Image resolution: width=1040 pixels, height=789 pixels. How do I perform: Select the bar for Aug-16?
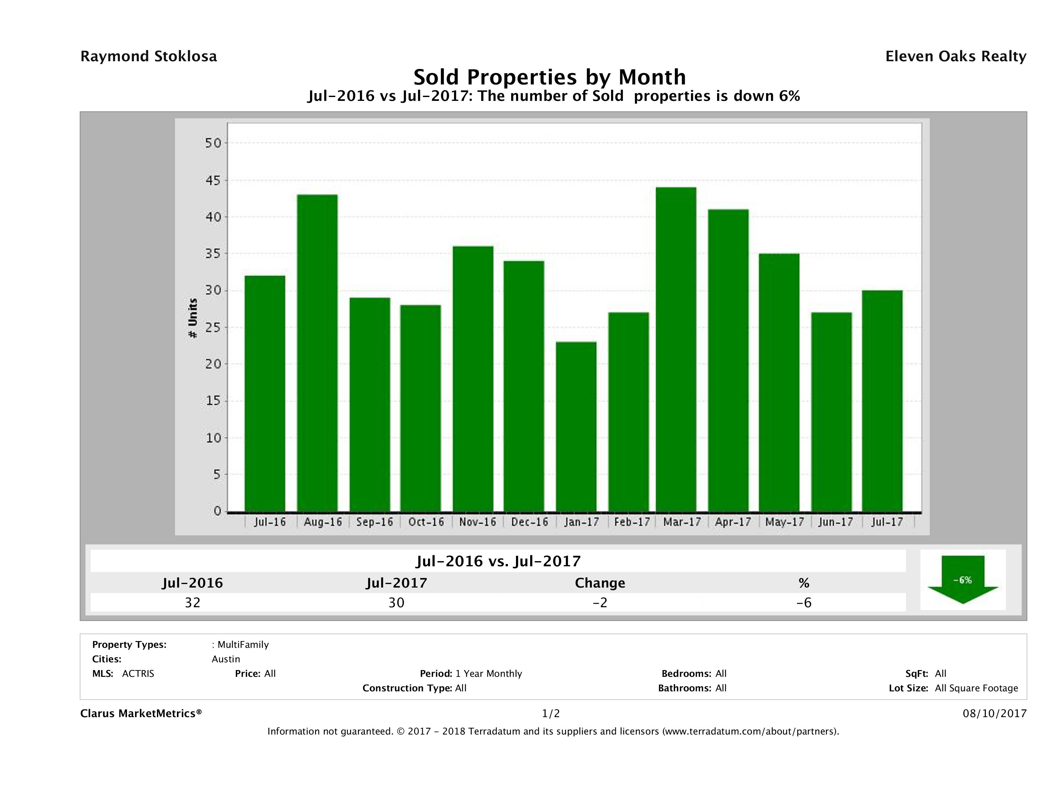(x=317, y=353)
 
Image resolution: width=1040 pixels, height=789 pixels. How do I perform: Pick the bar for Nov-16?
(x=473, y=378)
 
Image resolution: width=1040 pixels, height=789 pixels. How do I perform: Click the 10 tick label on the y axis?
(x=213, y=438)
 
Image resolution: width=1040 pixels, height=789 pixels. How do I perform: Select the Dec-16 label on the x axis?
(x=530, y=522)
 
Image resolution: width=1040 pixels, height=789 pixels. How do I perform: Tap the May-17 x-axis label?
(x=784, y=522)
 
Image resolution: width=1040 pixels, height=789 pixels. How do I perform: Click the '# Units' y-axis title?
(x=192, y=318)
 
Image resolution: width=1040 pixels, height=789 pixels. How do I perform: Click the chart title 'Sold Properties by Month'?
(x=549, y=77)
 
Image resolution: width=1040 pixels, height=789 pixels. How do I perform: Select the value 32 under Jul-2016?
(x=193, y=602)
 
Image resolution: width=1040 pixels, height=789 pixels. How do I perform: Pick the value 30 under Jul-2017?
(x=396, y=602)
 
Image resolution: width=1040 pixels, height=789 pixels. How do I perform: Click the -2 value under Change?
(x=600, y=602)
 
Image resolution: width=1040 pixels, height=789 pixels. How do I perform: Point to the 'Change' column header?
(x=600, y=583)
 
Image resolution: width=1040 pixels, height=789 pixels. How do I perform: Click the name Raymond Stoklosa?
(x=149, y=56)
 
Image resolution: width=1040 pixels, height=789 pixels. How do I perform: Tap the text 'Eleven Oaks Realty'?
(x=955, y=56)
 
